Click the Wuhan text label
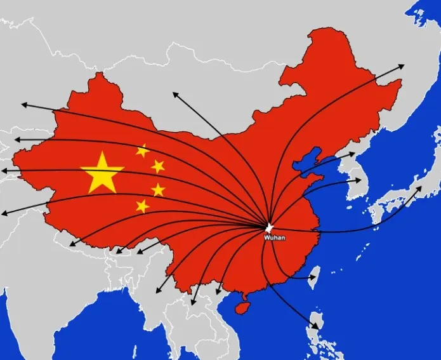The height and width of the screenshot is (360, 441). pyautogui.click(x=275, y=237)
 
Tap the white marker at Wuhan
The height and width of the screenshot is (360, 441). pyautogui.click(x=269, y=227)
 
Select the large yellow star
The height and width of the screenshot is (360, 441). pyautogui.click(x=102, y=173)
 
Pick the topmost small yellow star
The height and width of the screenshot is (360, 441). pyautogui.click(x=143, y=150)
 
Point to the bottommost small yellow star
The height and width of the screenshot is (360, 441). pyautogui.click(x=143, y=206)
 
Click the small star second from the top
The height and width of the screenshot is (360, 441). pyautogui.click(x=158, y=166)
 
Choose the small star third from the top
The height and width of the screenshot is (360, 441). pyautogui.click(x=158, y=189)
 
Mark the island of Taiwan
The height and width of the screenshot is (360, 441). pyautogui.click(x=319, y=275)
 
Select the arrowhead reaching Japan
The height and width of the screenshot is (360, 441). pyautogui.click(x=420, y=189)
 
